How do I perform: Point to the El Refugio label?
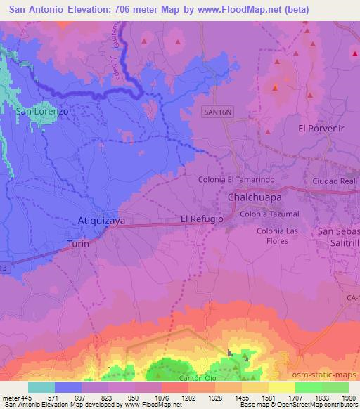click(202, 219)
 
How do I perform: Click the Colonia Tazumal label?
click(269, 214)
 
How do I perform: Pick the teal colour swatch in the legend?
click(41, 387)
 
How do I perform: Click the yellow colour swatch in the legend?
click(281, 387)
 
